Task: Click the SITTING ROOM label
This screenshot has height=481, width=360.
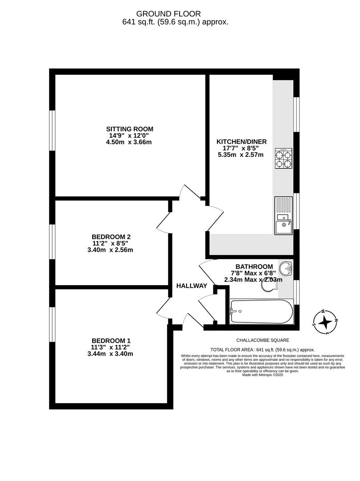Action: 130,129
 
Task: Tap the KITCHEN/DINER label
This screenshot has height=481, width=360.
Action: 241,142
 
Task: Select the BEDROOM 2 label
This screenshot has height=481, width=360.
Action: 111,237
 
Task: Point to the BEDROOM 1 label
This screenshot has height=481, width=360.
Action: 111,341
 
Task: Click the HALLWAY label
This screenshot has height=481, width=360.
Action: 192,286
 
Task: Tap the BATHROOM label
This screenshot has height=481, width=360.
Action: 254,267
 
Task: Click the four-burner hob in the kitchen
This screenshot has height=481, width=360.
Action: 283,158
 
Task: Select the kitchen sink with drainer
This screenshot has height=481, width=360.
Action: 283,216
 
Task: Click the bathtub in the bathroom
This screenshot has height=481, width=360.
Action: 262,311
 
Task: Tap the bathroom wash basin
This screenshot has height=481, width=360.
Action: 286,269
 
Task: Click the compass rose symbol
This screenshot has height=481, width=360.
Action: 325,322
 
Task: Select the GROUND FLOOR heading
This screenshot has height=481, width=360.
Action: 168,14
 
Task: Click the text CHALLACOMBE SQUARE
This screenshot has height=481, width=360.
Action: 263,340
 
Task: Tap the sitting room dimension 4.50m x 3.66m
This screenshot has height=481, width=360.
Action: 129,142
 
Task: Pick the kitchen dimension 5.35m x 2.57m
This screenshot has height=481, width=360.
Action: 241,155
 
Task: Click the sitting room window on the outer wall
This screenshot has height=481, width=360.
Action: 52,130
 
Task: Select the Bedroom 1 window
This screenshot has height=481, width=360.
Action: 52,324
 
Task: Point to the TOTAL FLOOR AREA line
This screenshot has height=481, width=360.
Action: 262,350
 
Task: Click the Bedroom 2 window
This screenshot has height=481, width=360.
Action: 52,241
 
